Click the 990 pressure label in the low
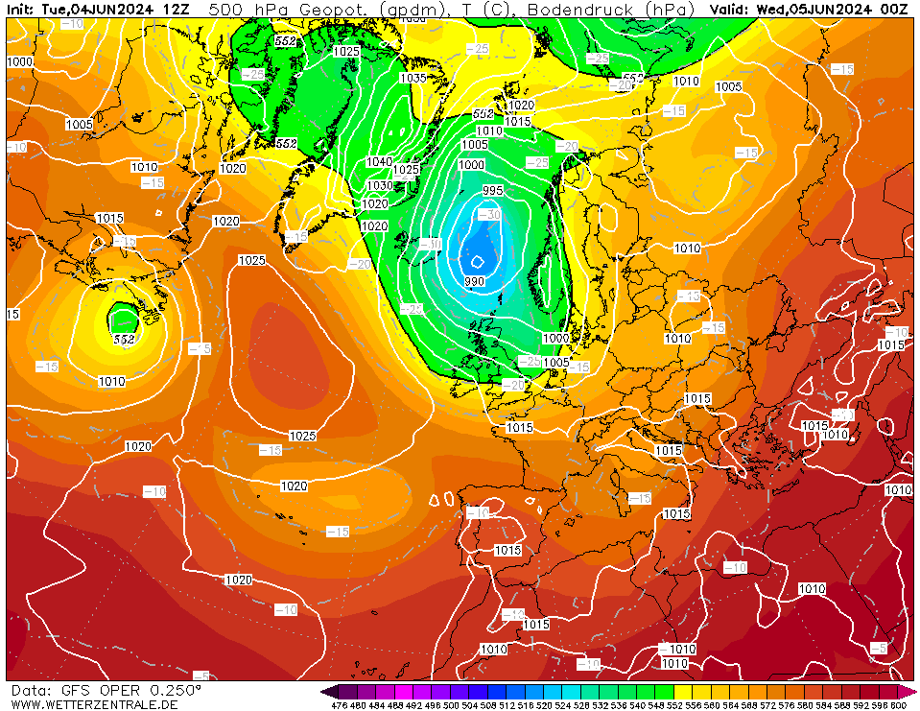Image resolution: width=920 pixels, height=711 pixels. point(474,281)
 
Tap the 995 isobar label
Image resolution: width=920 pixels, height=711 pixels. point(493,191)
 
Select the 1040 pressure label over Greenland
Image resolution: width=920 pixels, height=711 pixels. point(379,162)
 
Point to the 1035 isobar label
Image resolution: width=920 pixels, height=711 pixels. point(413,79)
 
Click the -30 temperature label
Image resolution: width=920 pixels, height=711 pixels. point(488,214)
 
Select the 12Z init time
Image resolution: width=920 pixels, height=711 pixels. point(177,9)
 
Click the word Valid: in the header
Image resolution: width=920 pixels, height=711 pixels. point(730,9)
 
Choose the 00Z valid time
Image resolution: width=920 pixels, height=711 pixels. point(895,9)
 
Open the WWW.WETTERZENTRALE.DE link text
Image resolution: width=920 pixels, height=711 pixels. point(94,704)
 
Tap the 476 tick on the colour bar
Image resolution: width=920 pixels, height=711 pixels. point(339,705)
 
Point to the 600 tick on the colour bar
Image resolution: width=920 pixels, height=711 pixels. point(898,705)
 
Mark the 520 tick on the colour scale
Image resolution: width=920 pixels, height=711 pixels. point(525,705)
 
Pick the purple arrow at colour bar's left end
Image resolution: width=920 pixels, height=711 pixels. point(329,691)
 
